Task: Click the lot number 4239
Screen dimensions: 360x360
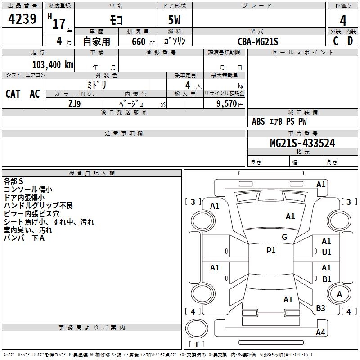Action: pyautogui.click(x=22, y=19)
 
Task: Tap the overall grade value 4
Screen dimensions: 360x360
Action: pyautogui.click(x=343, y=20)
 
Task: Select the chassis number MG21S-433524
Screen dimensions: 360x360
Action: pyautogui.click(x=302, y=143)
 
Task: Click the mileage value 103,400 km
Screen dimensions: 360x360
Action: pyautogui.click(x=53, y=65)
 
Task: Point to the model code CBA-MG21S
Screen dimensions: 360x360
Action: pyautogui.click(x=258, y=41)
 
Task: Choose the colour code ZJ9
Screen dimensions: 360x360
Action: pyautogui.click(x=74, y=104)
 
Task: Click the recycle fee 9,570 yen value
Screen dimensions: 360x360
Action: pyautogui.click(x=229, y=104)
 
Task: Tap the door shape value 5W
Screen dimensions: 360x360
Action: pyautogui.click(x=174, y=20)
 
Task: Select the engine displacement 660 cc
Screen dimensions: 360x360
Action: pyautogui.click(x=143, y=42)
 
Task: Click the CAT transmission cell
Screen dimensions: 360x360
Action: pyautogui.click(x=13, y=94)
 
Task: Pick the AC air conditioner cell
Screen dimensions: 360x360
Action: pyautogui.click(x=35, y=94)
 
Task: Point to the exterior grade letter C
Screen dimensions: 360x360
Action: pyautogui.click(x=335, y=41)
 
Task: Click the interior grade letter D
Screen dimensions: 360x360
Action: pyautogui.click(x=350, y=41)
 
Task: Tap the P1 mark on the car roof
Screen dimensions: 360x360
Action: pyautogui.click(x=271, y=251)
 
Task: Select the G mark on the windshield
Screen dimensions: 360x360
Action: pyautogui.click(x=284, y=237)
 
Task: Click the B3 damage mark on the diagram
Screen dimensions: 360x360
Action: pyautogui.click(x=320, y=308)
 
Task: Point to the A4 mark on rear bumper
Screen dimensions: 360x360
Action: pyautogui.click(x=320, y=332)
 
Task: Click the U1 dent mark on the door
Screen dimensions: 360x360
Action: pyautogui.click(x=327, y=252)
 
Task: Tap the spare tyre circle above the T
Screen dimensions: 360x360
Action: pyautogui.click(x=197, y=328)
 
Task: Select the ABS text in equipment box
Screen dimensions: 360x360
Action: pyautogui.click(x=258, y=121)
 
